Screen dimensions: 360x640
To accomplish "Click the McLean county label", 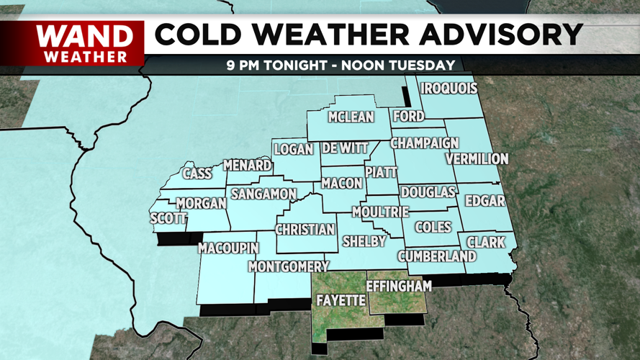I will click(351, 117).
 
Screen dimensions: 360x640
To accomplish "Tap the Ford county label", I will click(408, 116).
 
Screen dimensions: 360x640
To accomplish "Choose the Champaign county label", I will click(425, 143).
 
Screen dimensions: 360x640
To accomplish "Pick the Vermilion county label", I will click(477, 158).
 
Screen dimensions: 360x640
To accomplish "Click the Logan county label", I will click(294, 150).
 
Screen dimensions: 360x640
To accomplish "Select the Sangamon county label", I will click(263, 194).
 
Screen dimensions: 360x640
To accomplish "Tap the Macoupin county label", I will click(228, 248).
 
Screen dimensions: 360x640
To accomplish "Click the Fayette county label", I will click(341, 300).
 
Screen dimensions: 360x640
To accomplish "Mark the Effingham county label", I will click(399, 286).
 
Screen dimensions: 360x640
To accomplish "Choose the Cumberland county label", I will click(437, 256).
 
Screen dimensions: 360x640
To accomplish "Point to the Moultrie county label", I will click(380, 212).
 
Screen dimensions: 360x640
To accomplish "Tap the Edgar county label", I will click(485, 201).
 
